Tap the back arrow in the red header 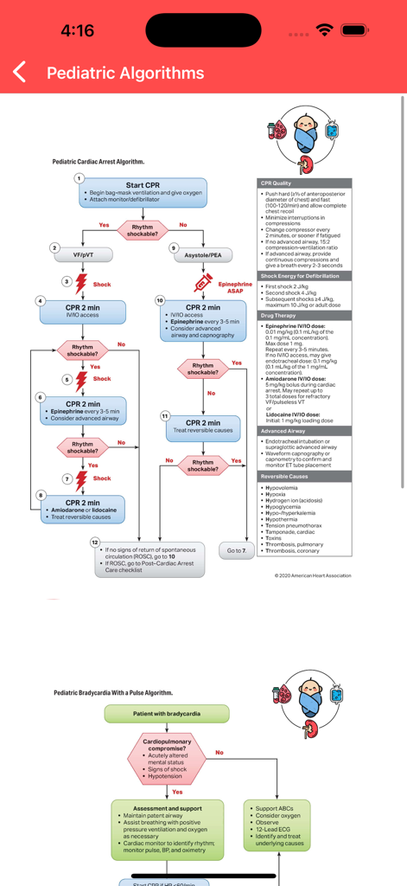point(20,73)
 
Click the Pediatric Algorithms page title point(125,73)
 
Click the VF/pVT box point(81,255)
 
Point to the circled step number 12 point(95,542)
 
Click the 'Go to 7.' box point(237,550)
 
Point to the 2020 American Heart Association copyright point(313,575)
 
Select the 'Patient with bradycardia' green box point(167,714)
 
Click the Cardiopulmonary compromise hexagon point(167,759)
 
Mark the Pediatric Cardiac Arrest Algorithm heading point(98,162)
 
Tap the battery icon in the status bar point(354,30)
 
